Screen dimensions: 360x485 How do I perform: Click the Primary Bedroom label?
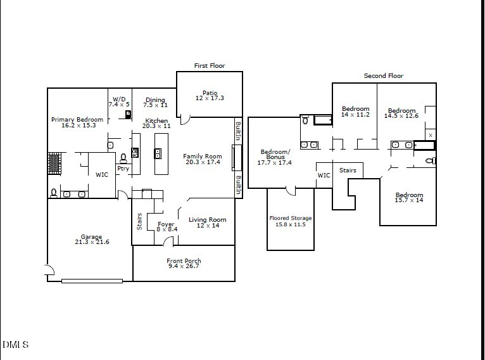[78, 122]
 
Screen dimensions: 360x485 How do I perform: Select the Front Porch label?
[184, 264]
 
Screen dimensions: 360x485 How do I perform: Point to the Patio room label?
[210, 95]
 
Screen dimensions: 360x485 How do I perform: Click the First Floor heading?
[209, 66]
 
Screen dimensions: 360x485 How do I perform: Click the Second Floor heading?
[383, 76]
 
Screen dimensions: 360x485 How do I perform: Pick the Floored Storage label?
[291, 221]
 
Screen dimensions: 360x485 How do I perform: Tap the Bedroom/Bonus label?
[275, 157]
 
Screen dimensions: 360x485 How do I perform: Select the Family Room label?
[203, 159]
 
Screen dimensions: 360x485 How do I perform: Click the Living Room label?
[207, 222]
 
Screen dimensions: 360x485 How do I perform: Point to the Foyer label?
[166, 226]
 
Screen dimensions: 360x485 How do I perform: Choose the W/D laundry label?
[119, 101]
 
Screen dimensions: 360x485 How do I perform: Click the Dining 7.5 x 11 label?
[155, 102]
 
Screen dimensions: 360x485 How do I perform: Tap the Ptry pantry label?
[123, 169]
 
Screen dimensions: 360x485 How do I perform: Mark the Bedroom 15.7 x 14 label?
[409, 197]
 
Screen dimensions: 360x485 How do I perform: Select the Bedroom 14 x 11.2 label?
[355, 112]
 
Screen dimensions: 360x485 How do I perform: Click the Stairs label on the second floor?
[348, 170]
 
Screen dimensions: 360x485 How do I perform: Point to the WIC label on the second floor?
[324, 176]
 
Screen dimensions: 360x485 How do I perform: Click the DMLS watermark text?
[16, 345]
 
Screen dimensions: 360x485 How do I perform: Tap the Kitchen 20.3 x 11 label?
[156, 123]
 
